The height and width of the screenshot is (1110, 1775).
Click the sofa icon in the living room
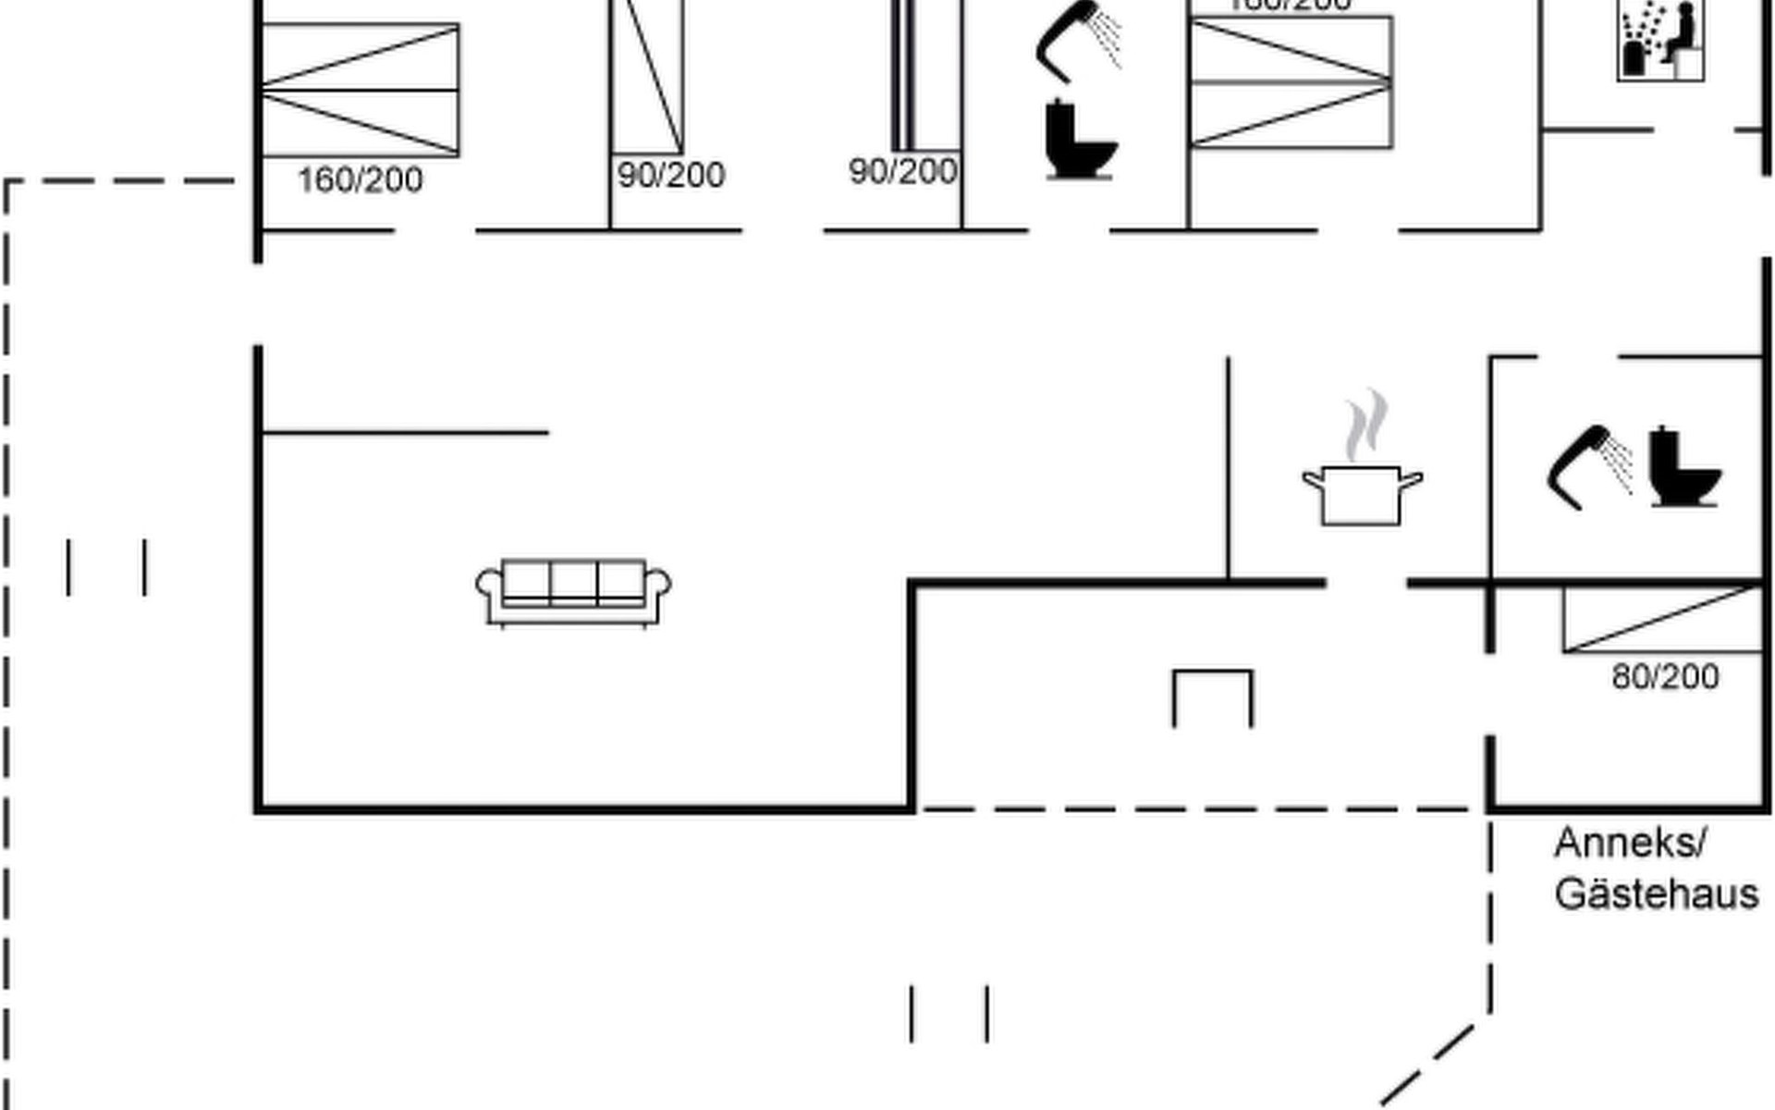[573, 593]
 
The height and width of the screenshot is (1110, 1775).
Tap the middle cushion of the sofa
[573, 582]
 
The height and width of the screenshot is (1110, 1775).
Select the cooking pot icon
[1362, 494]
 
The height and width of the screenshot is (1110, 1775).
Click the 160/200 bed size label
[360, 179]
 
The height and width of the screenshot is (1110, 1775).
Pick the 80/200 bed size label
[1665, 677]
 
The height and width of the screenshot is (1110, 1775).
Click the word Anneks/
[1630, 843]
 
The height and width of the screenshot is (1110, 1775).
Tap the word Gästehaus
[1656, 894]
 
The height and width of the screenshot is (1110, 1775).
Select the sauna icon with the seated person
[1661, 41]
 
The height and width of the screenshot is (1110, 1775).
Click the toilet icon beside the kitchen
[1684, 468]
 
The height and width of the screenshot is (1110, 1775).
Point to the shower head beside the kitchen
[1588, 466]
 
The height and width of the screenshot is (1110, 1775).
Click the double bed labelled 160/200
[361, 90]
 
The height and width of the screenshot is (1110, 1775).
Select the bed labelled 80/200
[1662, 619]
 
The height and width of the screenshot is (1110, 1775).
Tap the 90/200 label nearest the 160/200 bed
[671, 175]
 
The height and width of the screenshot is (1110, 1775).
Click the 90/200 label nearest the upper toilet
[902, 171]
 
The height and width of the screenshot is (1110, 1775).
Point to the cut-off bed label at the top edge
[1291, 6]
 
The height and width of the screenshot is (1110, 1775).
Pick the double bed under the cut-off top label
[1291, 82]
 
